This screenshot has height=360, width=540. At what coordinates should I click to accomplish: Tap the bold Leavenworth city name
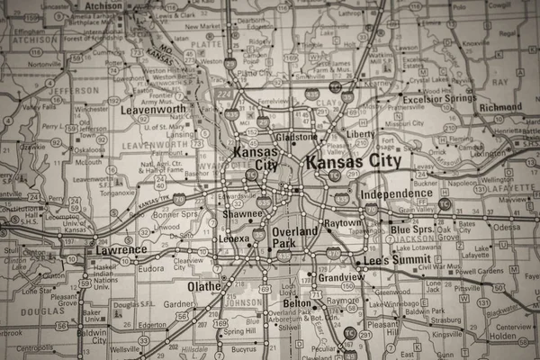(153, 110)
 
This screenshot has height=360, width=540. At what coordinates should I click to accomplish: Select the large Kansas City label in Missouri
(353, 162)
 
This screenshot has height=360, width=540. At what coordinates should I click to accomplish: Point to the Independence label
(396, 193)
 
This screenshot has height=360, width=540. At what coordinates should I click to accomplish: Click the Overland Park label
(295, 238)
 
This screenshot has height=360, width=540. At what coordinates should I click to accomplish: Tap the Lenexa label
(234, 239)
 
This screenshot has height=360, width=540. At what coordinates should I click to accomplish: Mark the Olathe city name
(203, 286)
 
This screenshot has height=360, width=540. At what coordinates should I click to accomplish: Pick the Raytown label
(342, 222)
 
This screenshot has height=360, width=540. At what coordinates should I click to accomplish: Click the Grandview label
(340, 278)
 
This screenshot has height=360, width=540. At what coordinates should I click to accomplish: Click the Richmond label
(500, 107)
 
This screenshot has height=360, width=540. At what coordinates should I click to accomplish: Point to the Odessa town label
(506, 227)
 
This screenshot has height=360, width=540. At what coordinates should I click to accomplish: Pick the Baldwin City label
(92, 336)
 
